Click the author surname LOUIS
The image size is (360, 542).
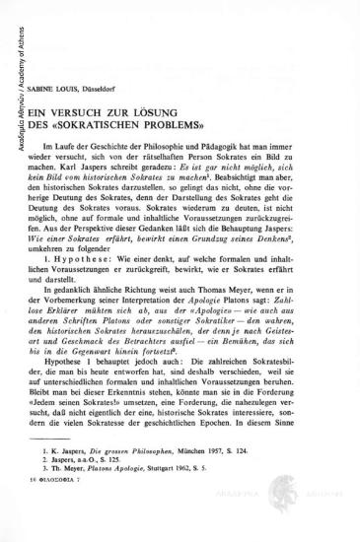pos(82,72)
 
